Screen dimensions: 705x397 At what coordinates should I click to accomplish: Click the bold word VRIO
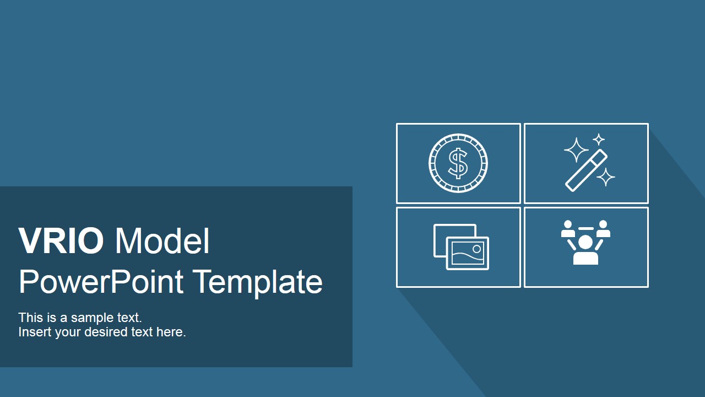(x=61, y=241)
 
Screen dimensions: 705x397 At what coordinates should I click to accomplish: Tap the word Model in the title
(x=162, y=241)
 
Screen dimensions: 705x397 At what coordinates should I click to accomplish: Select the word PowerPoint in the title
(x=101, y=282)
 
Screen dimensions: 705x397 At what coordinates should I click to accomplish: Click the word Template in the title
(x=257, y=282)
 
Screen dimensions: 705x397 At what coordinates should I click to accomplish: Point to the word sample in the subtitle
(x=93, y=318)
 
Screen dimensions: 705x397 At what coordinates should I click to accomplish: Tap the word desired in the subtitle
(x=106, y=332)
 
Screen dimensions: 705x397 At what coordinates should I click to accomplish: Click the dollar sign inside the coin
(x=458, y=163)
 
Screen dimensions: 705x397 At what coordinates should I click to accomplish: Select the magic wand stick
(x=586, y=170)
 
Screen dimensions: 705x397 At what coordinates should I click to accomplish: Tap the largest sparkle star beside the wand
(x=576, y=149)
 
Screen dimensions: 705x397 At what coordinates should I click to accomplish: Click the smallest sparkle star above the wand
(x=599, y=140)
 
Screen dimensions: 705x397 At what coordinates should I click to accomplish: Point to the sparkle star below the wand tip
(x=606, y=177)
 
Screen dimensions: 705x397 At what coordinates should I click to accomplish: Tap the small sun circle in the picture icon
(x=477, y=249)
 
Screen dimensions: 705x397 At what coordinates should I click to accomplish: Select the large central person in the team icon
(x=585, y=250)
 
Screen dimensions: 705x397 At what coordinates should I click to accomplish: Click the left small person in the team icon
(x=568, y=229)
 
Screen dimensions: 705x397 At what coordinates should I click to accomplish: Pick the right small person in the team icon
(x=603, y=229)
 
